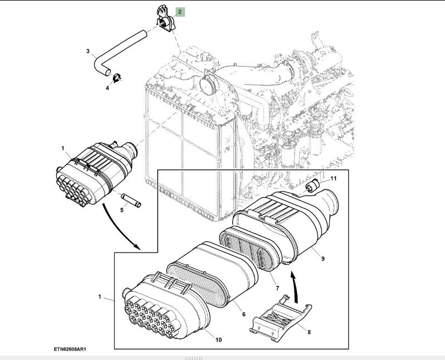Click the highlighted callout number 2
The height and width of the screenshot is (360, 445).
pos(180,11)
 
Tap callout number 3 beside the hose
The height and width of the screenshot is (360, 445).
pos(88,51)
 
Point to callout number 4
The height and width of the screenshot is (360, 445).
pos(107,87)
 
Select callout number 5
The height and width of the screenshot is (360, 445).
pos(123,211)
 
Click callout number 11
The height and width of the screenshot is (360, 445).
pos(334,178)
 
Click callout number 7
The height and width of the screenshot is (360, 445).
pos(277,288)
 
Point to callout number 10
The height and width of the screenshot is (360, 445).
pos(218,339)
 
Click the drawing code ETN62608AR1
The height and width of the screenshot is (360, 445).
pos(71,350)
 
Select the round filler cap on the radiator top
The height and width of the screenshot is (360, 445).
pos(210,83)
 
